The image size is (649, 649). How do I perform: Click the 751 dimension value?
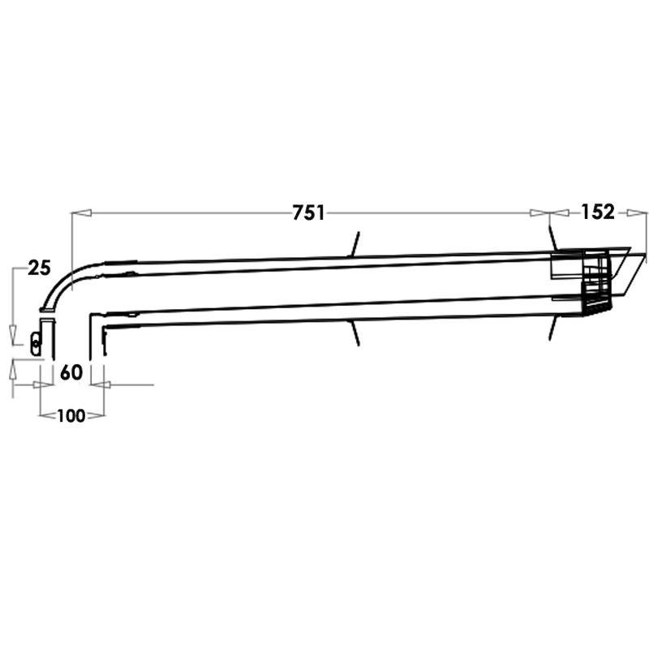[x=309, y=213]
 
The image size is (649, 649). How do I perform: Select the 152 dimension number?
[x=598, y=212]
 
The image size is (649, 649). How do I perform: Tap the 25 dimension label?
[x=39, y=269]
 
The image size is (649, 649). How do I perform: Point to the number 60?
[x=71, y=372]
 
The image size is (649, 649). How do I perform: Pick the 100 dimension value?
[x=71, y=415]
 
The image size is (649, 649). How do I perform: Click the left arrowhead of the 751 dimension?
[x=81, y=213]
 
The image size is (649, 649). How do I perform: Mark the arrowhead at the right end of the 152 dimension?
[x=636, y=213]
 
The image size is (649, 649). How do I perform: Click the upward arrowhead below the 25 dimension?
[x=13, y=369]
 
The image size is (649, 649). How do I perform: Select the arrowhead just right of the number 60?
[x=100, y=385]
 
